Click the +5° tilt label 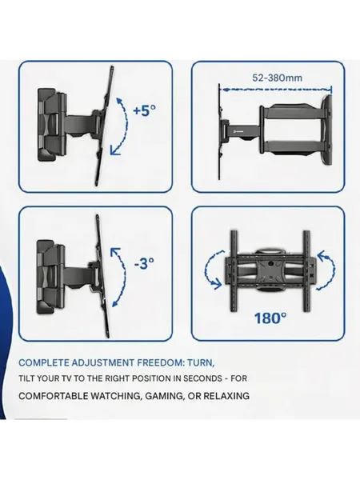[x=145, y=110]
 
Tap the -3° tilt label [x=144, y=263]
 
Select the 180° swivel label [x=270, y=318]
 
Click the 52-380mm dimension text [x=277, y=78]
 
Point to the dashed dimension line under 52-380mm [x=277, y=90]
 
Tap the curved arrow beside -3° [x=119, y=277]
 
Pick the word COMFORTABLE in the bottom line [x=53, y=396]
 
